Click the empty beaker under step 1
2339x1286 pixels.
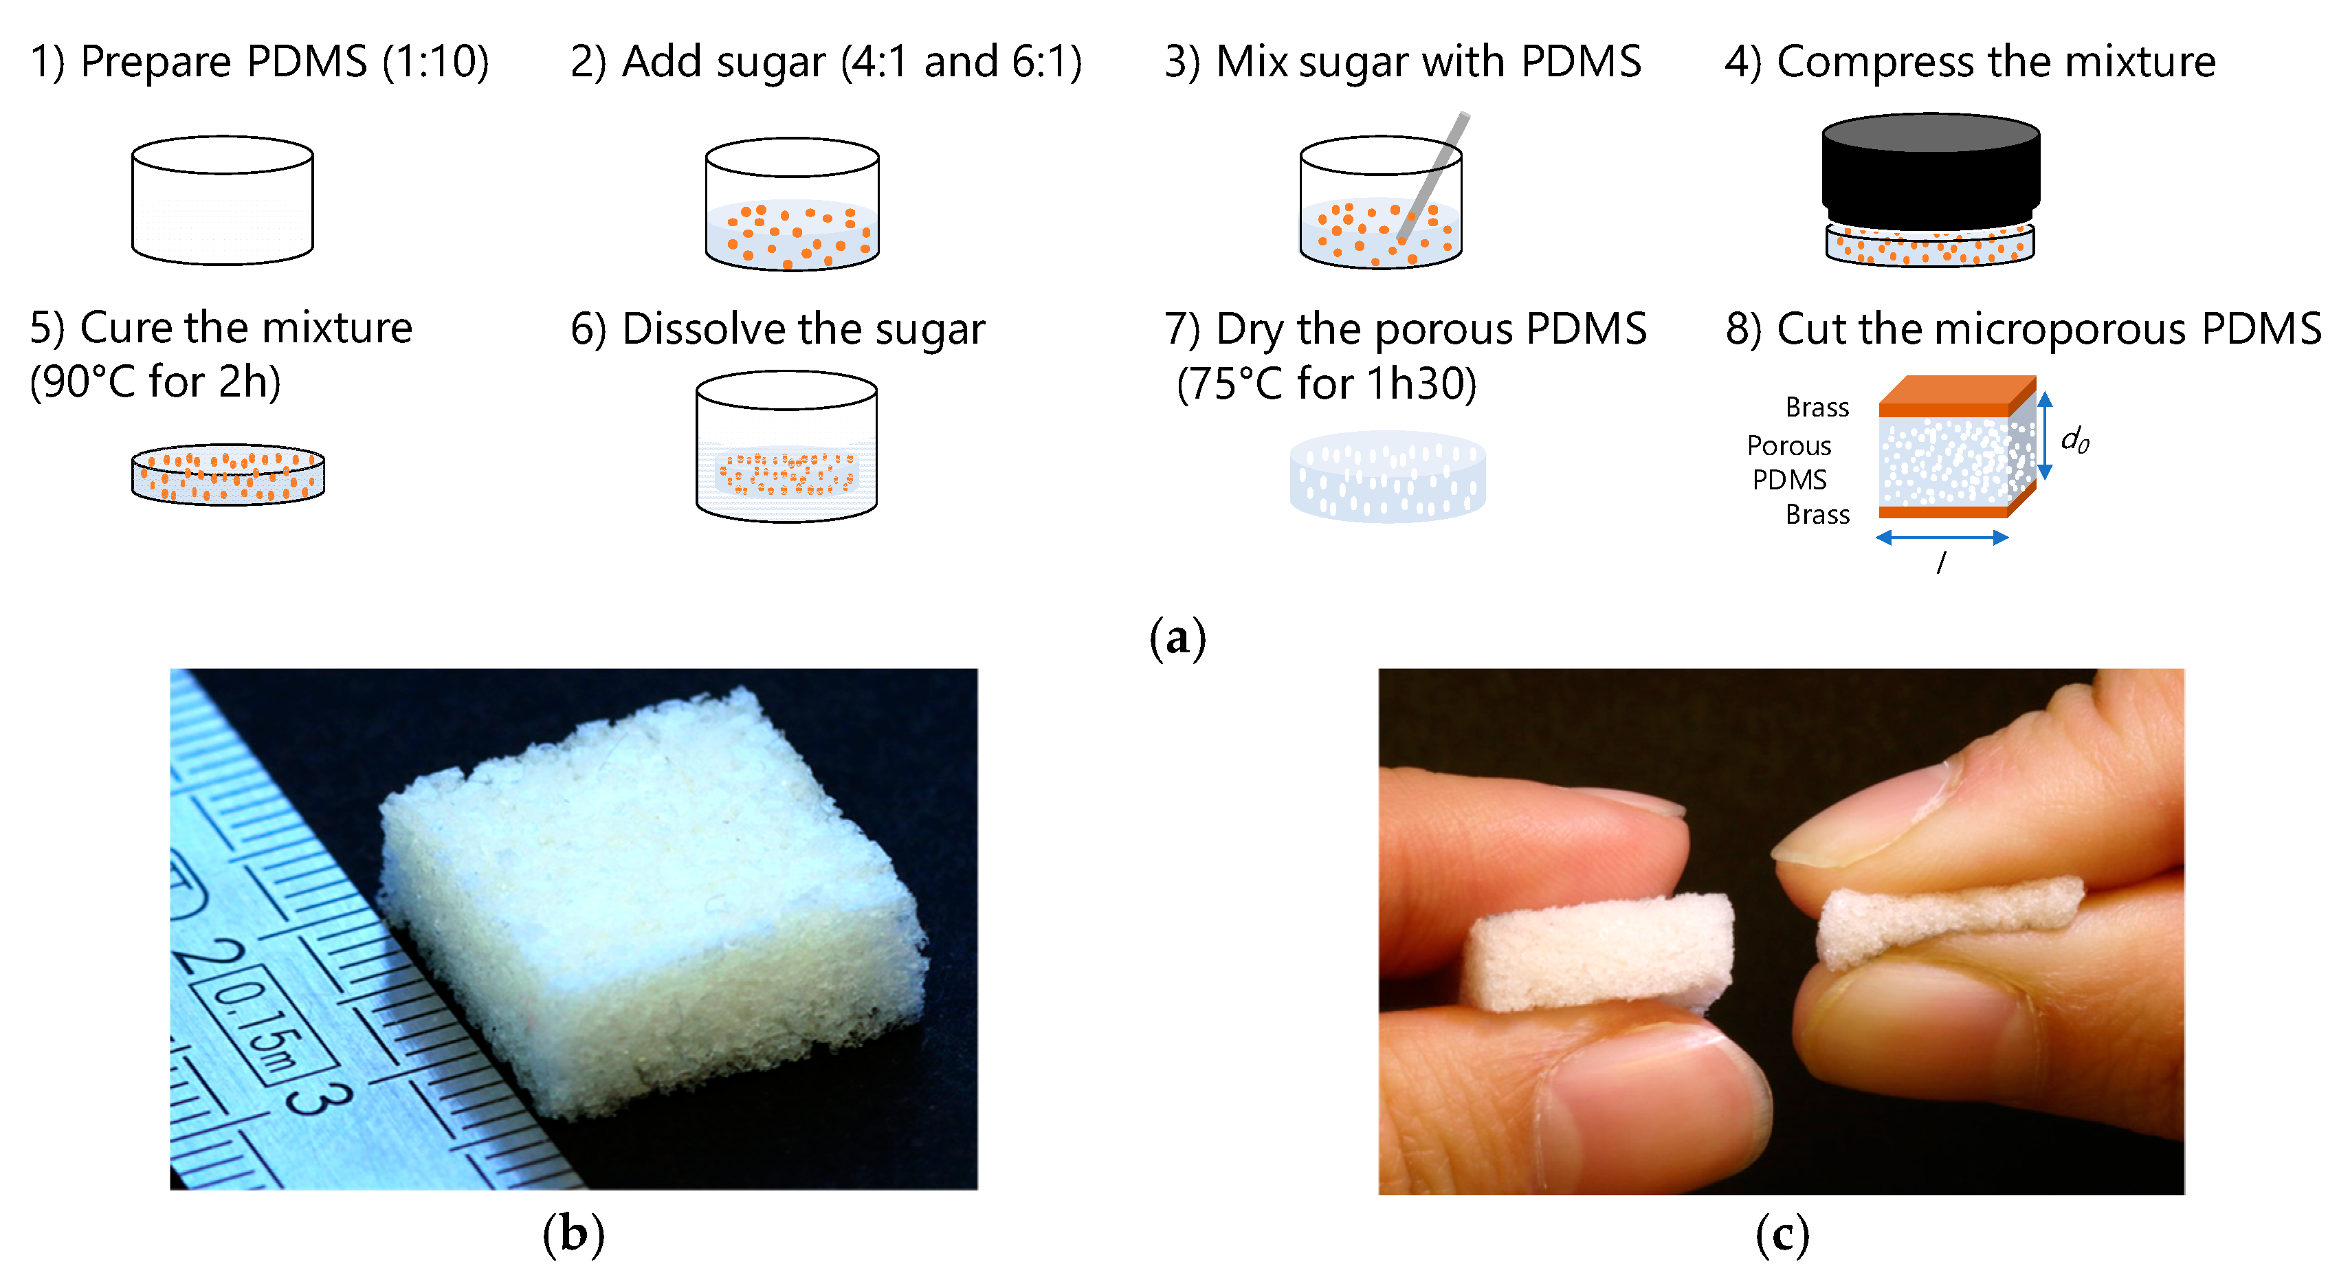[223, 201]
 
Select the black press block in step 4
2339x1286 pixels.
[1931, 173]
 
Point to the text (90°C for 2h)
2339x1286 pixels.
[155, 382]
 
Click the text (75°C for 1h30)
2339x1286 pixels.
[1326, 384]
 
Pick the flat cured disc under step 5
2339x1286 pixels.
[228, 474]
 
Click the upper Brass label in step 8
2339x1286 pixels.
[1816, 408]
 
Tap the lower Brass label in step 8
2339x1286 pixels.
[1816, 515]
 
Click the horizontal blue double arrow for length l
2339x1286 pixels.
[1941, 537]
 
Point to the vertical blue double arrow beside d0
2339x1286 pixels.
[2045, 436]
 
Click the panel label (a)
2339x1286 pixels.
[1177, 638]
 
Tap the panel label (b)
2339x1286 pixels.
[573, 1234]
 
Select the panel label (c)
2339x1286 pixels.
[1782, 1234]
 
